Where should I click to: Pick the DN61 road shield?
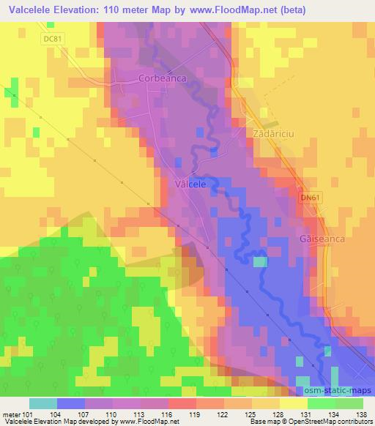pos(311,198)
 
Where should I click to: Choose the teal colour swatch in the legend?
pos(42,403)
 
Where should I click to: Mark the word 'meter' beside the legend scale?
pos(11,414)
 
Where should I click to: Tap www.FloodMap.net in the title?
pos(223,10)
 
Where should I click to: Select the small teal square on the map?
pos(261,262)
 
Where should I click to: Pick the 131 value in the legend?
pos(305,414)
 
